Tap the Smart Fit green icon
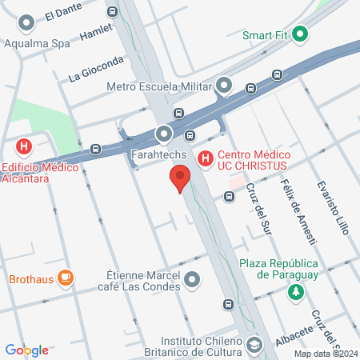301,34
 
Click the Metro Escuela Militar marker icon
224,85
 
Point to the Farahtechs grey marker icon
164,133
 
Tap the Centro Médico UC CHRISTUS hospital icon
206,159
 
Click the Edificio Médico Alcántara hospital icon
24,146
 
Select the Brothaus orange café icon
66,278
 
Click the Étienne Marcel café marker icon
192,280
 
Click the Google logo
26,350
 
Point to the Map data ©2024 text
325,354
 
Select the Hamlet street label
98,33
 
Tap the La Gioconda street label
97,69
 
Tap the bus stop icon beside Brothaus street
229,304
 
